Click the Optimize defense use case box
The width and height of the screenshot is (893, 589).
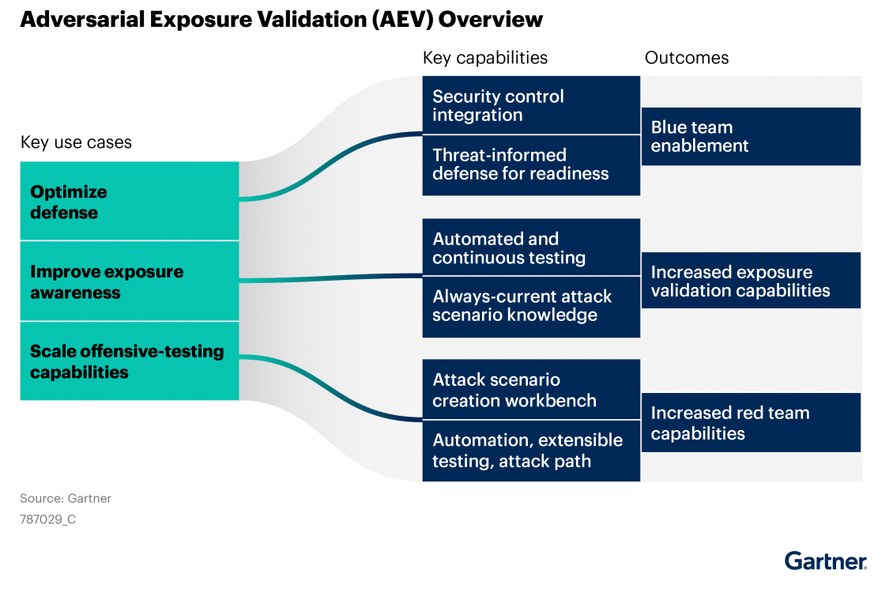tap(129, 202)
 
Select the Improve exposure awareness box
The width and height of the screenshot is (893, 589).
tap(129, 281)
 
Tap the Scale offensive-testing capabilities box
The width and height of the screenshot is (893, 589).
tap(129, 361)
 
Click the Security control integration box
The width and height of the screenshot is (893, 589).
tap(530, 106)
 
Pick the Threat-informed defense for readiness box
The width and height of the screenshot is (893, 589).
tap(530, 164)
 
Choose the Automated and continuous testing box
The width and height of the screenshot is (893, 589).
tap(530, 248)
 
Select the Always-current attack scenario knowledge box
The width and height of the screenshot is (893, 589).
tap(530, 306)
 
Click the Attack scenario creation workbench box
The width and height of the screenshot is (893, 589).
tap(530, 390)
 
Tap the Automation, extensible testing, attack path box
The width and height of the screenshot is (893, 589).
tap(530, 451)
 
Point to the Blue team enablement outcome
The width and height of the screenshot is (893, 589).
tap(750, 137)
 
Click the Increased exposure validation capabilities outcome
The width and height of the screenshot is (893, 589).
tap(750, 281)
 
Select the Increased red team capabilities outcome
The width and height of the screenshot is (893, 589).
tap(750, 423)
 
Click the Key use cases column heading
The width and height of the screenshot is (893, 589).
tap(76, 143)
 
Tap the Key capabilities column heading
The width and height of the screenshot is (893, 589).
tap(484, 58)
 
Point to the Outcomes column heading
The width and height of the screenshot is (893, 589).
tap(686, 58)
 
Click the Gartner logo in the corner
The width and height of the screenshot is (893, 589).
tap(825, 561)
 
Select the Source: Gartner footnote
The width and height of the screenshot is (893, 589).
tap(66, 498)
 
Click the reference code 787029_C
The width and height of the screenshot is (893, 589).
tap(48, 519)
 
